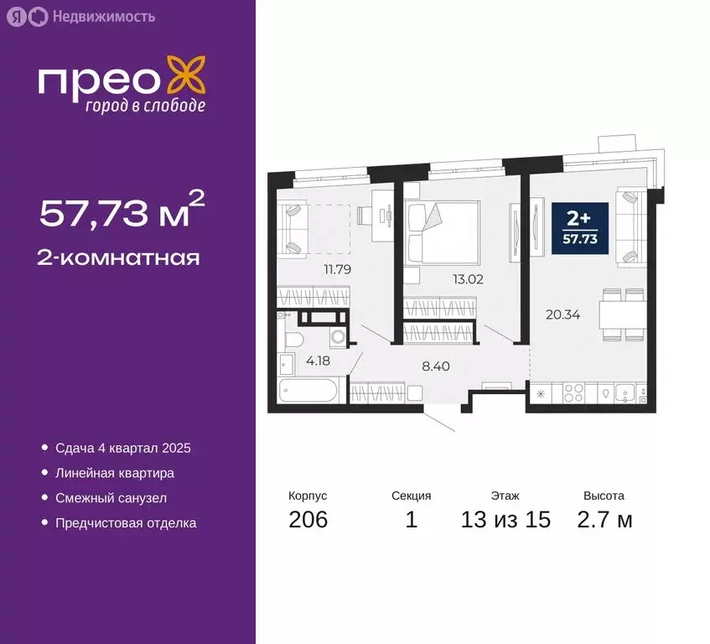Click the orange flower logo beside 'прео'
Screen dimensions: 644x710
coord(185,75)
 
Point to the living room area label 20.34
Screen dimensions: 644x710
coord(562,315)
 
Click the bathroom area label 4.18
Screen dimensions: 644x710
coord(316,361)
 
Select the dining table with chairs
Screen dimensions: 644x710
coord(623,315)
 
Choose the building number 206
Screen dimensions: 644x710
coord(308,520)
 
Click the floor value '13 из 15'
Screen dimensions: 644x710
coord(505,520)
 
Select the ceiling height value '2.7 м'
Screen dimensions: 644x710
coord(604,520)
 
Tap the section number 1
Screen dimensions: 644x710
coord(411,520)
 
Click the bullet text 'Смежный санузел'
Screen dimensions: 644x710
coord(111,498)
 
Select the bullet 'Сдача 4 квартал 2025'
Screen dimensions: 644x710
coord(123,448)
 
